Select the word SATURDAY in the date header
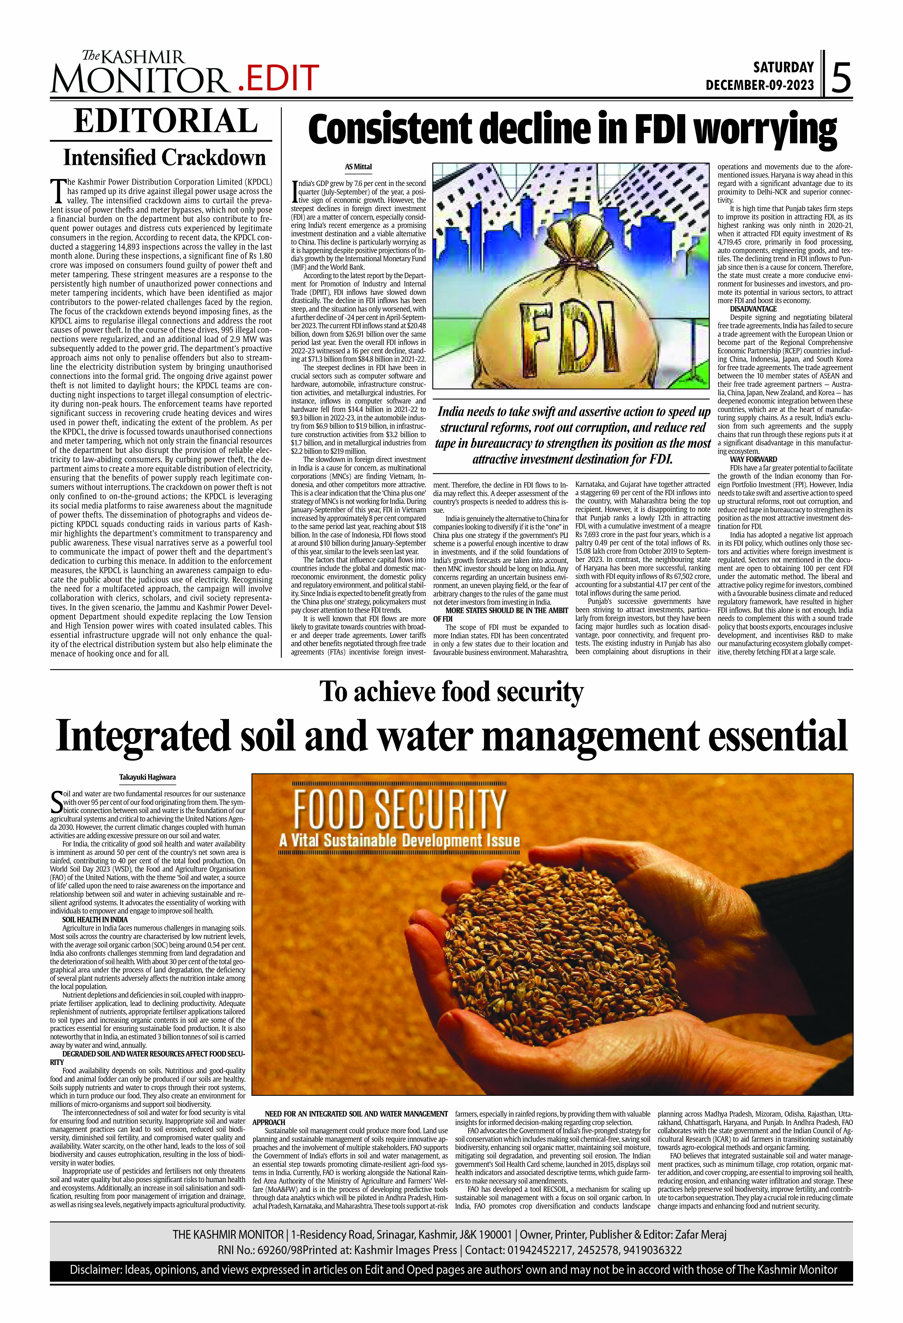tap(783, 67)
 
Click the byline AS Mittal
tap(358, 167)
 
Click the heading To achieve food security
tap(451, 692)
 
